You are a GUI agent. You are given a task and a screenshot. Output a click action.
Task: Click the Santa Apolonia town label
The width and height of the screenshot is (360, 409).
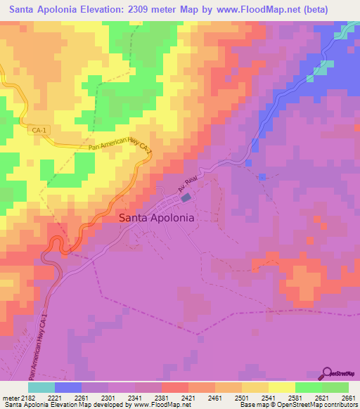(156, 218)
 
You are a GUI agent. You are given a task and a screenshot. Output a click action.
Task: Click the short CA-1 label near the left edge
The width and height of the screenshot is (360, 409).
(39, 130)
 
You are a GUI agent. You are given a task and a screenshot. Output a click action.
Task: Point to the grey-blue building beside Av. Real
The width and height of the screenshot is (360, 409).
(186, 198)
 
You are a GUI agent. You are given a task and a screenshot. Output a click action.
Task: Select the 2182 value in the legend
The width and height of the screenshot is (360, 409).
(27, 397)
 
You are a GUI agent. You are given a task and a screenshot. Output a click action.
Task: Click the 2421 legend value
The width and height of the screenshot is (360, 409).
(188, 397)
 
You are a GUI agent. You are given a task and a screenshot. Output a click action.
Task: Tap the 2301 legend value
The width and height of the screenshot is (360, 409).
(108, 397)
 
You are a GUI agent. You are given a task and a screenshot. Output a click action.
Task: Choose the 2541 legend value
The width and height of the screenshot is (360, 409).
(268, 397)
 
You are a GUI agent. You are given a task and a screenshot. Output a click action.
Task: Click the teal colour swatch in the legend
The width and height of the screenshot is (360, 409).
(41, 387)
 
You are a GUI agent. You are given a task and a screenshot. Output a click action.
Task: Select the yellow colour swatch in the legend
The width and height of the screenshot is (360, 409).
(281, 387)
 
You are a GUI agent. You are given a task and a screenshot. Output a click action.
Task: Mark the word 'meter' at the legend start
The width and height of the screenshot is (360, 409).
(9, 397)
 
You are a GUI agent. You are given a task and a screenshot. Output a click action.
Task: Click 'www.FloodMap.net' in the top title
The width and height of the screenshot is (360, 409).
(251, 10)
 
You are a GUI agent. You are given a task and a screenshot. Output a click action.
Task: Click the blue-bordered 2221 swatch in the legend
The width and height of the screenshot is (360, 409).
(67, 387)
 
